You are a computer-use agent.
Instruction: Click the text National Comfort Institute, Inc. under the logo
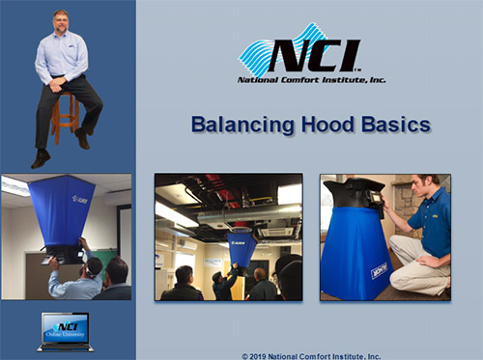(310, 80)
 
